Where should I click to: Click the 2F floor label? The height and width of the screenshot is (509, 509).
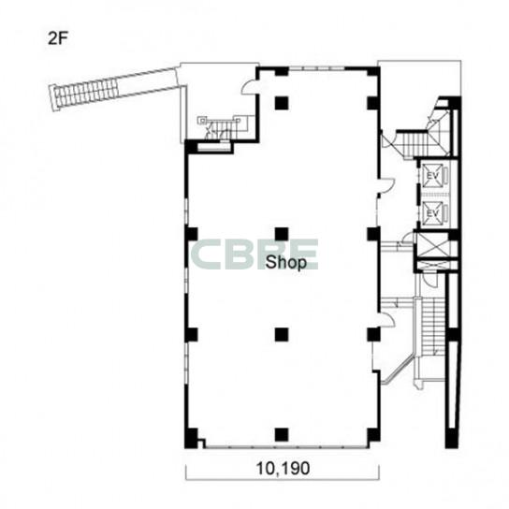(x=58, y=38)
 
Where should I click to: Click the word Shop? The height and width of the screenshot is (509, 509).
(x=286, y=263)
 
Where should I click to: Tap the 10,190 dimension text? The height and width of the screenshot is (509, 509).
(x=284, y=469)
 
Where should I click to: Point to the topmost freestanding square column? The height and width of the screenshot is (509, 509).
(x=282, y=103)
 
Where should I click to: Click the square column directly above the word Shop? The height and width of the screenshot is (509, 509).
(x=282, y=234)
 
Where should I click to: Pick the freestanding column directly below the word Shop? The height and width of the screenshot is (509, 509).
(x=282, y=335)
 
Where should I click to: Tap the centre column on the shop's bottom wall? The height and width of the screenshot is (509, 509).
(x=282, y=435)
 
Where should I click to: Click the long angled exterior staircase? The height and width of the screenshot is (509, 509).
(x=112, y=89)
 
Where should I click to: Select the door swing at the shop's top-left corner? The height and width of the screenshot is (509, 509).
(x=249, y=87)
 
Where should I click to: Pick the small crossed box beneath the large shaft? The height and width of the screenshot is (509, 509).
(x=434, y=265)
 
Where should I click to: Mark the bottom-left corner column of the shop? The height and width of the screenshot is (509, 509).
(x=191, y=438)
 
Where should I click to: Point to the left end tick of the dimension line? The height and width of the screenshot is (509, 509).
(x=186, y=473)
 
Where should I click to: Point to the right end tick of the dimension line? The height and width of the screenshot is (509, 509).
(x=379, y=473)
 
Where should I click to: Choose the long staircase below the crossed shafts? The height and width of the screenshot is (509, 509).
(x=433, y=327)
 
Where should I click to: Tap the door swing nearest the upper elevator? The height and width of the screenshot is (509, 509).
(x=387, y=185)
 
